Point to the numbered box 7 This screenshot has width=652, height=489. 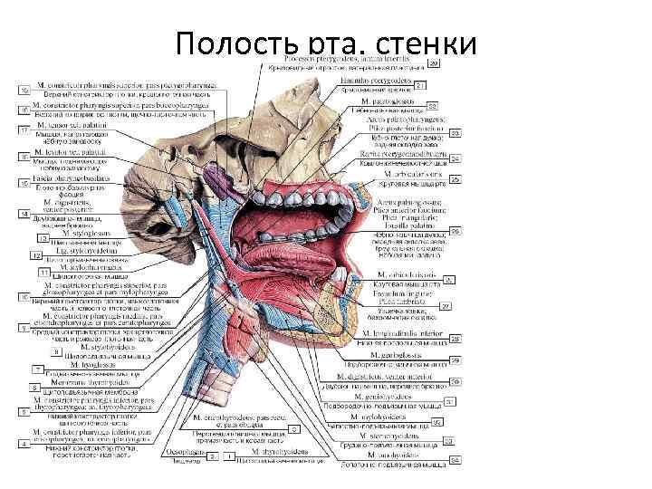37,369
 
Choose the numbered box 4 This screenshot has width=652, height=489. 24,428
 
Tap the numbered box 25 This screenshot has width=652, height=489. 455,178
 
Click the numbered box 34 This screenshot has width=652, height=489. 455,459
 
